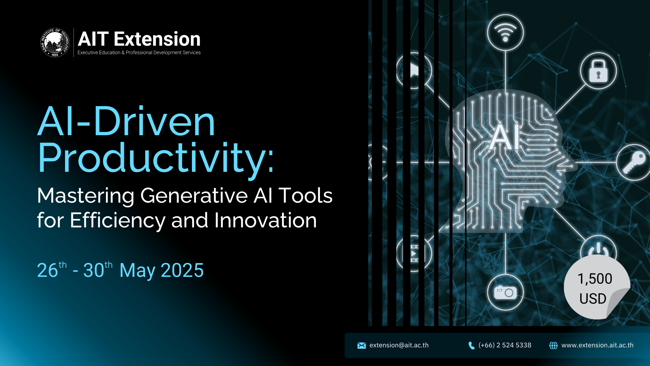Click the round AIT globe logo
click(55, 43)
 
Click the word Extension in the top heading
click(157, 39)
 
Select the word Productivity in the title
click(156, 158)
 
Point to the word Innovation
click(265, 221)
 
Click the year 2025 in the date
click(182, 270)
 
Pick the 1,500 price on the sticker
click(595, 279)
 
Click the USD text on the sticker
click(593, 299)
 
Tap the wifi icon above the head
click(505, 33)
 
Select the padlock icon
click(598, 71)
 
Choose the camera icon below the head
click(505, 292)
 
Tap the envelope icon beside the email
click(362, 345)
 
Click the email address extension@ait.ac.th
click(399, 345)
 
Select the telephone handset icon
click(471, 345)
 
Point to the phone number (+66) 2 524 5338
click(505, 345)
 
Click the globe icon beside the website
click(554, 345)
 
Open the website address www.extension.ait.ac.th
click(597, 345)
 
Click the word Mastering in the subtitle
click(86, 196)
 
